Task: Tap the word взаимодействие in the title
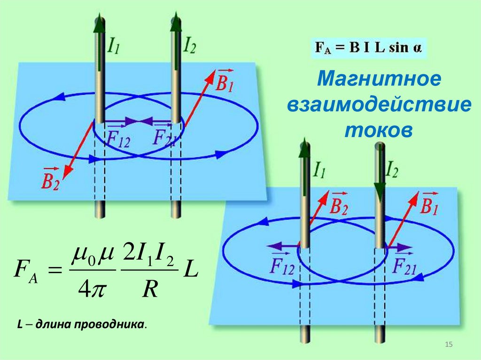point(379,105)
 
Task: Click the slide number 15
point(448,345)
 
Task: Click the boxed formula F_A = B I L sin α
point(369,48)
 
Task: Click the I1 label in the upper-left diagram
point(114,46)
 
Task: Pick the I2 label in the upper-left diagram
point(189,46)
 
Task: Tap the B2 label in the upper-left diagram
point(50,179)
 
